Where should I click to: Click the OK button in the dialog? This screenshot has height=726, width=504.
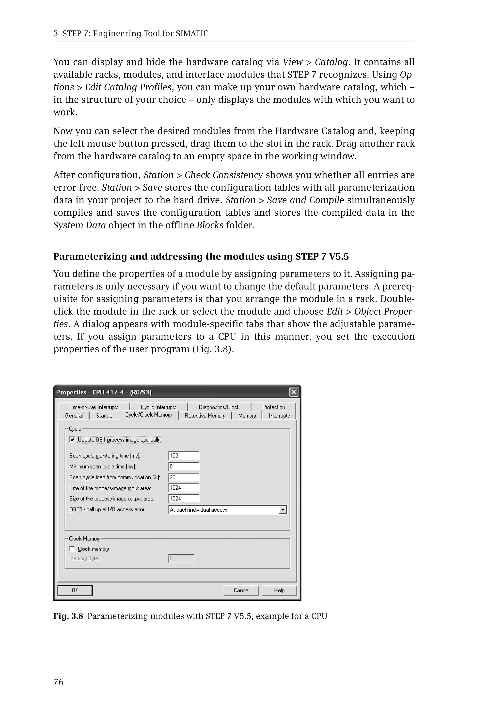tap(75, 590)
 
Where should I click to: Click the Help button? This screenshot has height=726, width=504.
tap(279, 590)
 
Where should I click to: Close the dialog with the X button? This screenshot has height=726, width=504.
tap(294, 392)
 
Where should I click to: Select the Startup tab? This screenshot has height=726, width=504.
tap(104, 416)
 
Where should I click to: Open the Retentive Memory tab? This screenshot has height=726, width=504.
tap(205, 416)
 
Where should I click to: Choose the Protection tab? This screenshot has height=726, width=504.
tap(273, 407)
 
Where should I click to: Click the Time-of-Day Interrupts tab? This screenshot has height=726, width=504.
tap(94, 407)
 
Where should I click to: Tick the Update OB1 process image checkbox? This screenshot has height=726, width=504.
tap(72, 439)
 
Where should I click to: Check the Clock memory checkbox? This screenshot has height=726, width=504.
tap(72, 549)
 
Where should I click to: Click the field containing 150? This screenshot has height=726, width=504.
tap(184, 456)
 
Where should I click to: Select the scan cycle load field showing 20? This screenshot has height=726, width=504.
tap(184, 477)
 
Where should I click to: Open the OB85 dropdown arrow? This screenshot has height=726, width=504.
tap(283, 510)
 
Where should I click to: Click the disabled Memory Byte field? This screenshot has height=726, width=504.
tap(181, 558)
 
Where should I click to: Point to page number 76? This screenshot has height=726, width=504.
tap(58, 682)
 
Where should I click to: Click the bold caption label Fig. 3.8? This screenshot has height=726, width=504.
tap(68, 616)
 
